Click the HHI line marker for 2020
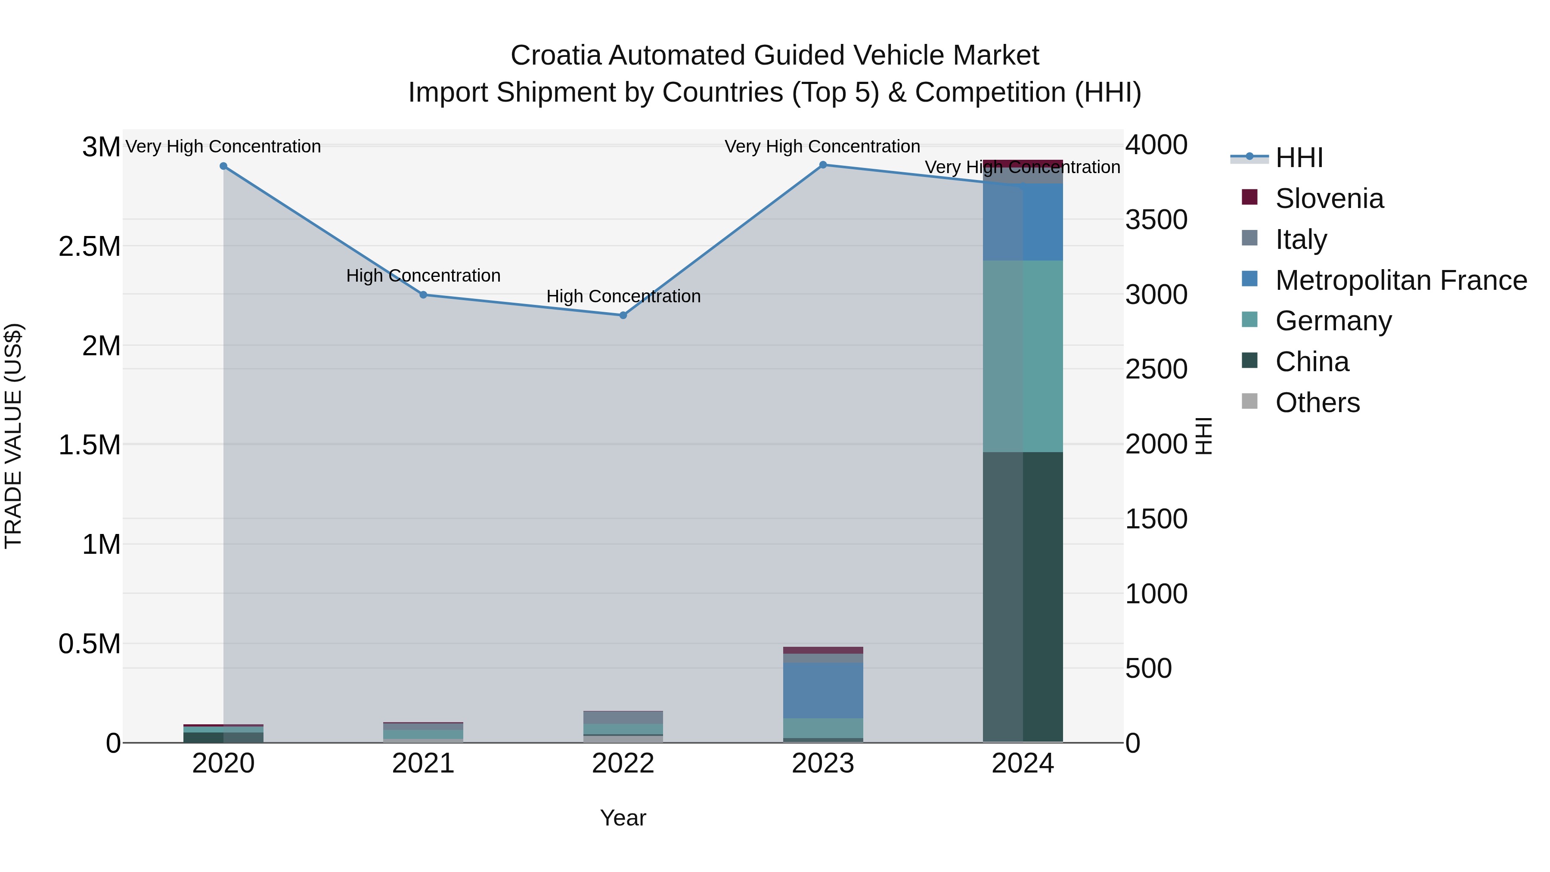point(223,166)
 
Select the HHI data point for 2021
point(423,295)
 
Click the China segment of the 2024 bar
point(1023,596)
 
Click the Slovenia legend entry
point(1329,199)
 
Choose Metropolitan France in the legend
point(1401,280)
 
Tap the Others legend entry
point(1317,403)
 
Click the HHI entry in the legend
point(1299,158)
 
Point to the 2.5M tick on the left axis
point(89,247)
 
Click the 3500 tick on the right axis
point(1156,220)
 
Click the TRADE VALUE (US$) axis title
point(13,436)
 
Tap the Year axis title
point(623,818)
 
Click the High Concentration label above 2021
point(423,276)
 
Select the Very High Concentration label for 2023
point(822,146)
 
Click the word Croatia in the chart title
point(556,56)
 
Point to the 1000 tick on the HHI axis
point(1156,594)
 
